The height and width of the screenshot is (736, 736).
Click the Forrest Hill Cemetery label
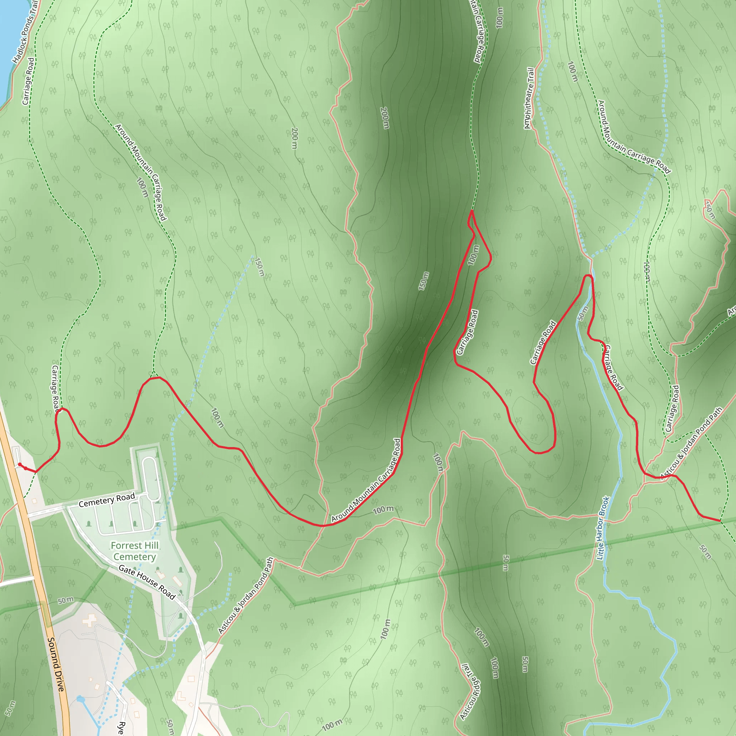pyautogui.click(x=134, y=551)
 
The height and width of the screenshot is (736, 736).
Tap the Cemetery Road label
pyautogui.click(x=107, y=500)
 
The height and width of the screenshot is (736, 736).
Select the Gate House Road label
pyautogui.click(x=147, y=582)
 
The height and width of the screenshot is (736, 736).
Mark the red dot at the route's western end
pyautogui.click(x=20, y=464)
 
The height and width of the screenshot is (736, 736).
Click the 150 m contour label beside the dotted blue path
pyautogui.click(x=259, y=267)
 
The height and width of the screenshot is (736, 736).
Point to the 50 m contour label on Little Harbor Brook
pyautogui.click(x=583, y=313)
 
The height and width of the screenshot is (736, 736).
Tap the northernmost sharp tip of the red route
pyautogui.click(x=472, y=211)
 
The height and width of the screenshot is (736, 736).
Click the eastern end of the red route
pyautogui.click(x=720, y=520)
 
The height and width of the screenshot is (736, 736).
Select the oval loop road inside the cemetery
pyautogui.click(x=151, y=479)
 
